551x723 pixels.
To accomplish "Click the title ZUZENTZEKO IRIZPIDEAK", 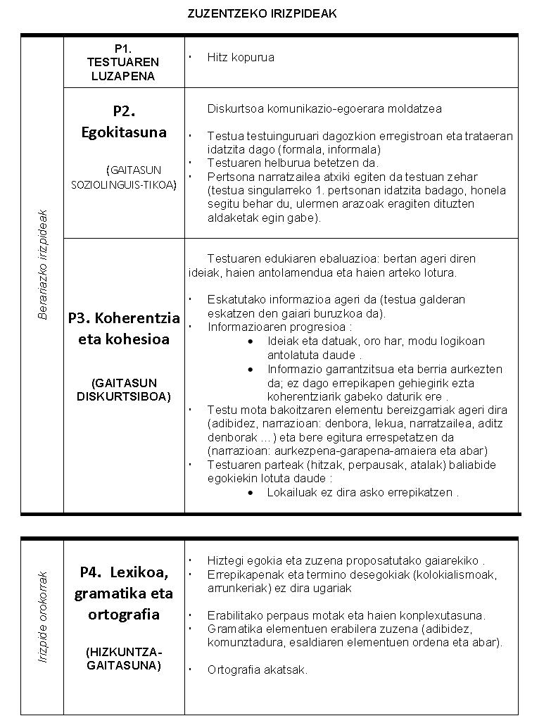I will click(262, 14).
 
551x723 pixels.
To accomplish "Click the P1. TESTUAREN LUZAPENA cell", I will click(123, 62).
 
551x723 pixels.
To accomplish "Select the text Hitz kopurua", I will click(241, 57).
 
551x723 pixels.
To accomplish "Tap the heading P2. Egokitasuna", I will click(124, 121).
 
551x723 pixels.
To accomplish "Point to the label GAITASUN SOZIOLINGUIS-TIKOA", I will click(124, 177).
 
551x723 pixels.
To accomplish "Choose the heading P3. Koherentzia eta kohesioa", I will click(124, 327).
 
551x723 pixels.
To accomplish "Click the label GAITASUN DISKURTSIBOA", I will click(124, 389).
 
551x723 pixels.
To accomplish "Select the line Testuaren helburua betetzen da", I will click(293, 163).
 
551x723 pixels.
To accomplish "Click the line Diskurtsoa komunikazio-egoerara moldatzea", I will click(324, 109).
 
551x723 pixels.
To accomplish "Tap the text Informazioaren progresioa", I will click(279, 327).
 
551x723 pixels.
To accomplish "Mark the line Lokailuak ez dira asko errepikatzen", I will click(362, 492).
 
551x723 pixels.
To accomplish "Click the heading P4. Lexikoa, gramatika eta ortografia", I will click(124, 593).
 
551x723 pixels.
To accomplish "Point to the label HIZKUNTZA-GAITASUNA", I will click(124, 659).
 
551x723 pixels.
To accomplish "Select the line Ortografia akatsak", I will click(258, 670).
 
